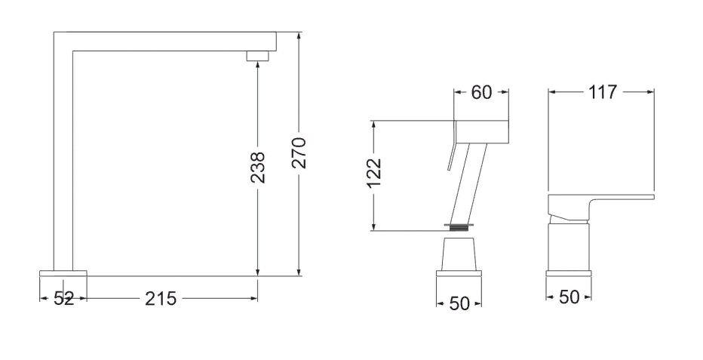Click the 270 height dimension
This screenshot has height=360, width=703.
tap(299, 153)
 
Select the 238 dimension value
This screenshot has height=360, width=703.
tap(258, 168)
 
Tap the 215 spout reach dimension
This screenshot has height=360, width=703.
tap(161, 299)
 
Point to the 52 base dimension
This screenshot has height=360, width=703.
tap(63, 299)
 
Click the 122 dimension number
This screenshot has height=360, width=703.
tap(373, 173)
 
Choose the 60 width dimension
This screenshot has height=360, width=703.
tap(481, 92)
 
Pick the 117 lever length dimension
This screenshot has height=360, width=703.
tap(603, 92)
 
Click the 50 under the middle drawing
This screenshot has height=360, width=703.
tap(459, 303)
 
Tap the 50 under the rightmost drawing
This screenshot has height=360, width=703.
tap(569, 297)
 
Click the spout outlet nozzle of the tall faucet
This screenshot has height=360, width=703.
tap(258, 56)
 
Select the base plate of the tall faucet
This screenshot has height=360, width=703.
tap(63, 273)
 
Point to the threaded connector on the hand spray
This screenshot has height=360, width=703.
tap(459, 227)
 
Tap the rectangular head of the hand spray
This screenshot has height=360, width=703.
tap(481, 132)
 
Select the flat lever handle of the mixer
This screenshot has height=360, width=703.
tap(600, 206)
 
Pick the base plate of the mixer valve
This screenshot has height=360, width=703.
tap(569, 273)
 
